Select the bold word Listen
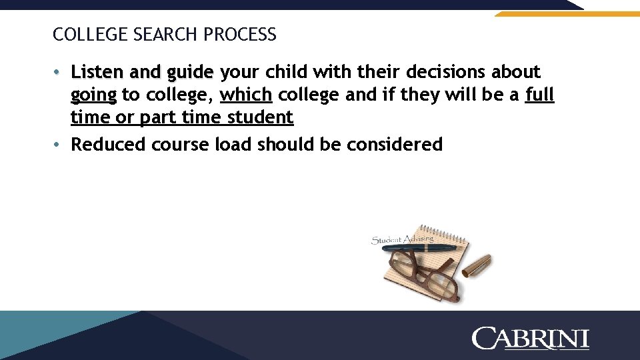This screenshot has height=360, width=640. click(99, 71)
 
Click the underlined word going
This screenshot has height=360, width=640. click(93, 95)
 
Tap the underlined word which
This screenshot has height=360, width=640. click(246, 95)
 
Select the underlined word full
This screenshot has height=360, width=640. click(539, 95)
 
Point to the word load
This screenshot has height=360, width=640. click(231, 144)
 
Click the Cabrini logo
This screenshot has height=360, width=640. click(531, 338)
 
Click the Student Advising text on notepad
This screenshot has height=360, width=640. click(402, 238)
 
